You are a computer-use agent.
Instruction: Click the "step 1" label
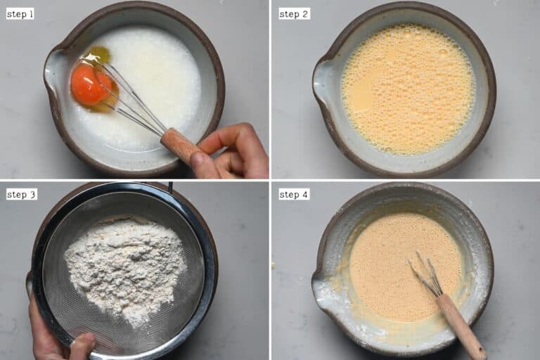20,13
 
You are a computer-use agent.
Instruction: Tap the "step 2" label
293,13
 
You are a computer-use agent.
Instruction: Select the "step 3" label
21,194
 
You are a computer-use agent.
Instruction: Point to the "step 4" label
293,194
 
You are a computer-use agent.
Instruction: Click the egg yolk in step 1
89,84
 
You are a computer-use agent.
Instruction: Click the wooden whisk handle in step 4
461,323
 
